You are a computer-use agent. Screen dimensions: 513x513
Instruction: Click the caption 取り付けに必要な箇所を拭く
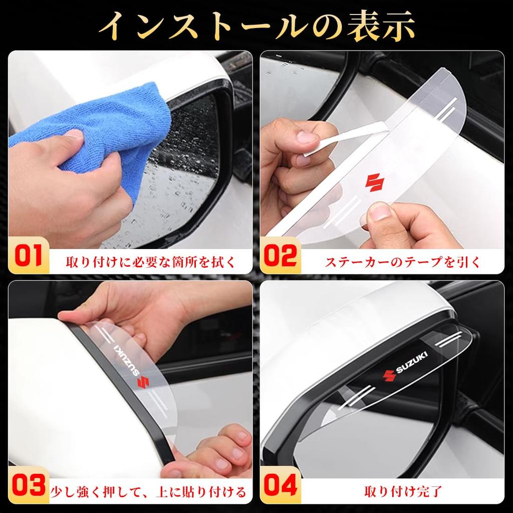click(x=150, y=262)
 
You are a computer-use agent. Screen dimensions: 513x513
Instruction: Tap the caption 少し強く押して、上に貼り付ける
click(x=148, y=491)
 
